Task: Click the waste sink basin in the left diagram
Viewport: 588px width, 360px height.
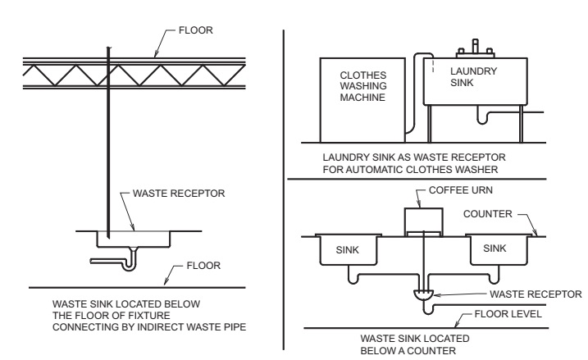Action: (x=136, y=239)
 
